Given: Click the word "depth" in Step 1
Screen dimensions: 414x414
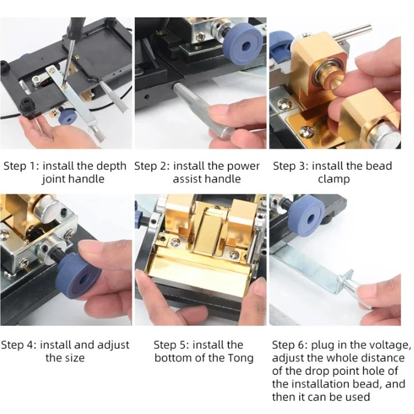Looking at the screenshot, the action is point(111,167).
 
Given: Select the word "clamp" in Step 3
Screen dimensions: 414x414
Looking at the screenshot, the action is point(334,180).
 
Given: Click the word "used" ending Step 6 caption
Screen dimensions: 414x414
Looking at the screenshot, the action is point(357,397).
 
